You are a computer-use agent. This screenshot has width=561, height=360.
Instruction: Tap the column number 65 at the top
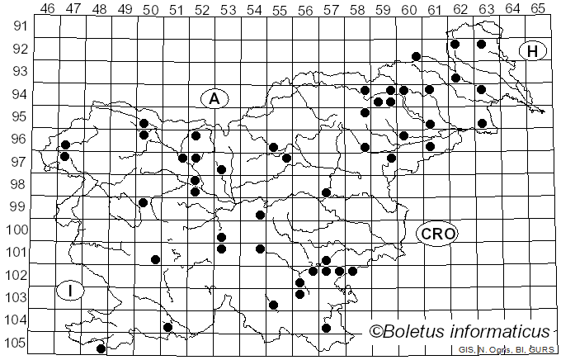[x=538, y=9]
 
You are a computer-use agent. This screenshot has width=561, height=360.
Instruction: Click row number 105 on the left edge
[x=15, y=343]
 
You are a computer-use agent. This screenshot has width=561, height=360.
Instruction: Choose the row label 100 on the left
[x=15, y=230]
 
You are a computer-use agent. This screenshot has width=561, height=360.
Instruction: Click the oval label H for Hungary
[x=533, y=51]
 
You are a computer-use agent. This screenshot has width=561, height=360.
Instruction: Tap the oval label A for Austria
[x=214, y=99]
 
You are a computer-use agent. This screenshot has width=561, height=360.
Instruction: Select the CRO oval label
[x=437, y=234]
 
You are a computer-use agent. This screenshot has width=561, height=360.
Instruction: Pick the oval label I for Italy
[x=72, y=291]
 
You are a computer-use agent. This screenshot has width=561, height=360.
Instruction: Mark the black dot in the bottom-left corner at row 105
[x=101, y=348]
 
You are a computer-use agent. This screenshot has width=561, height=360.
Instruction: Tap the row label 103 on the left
[x=15, y=297]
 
